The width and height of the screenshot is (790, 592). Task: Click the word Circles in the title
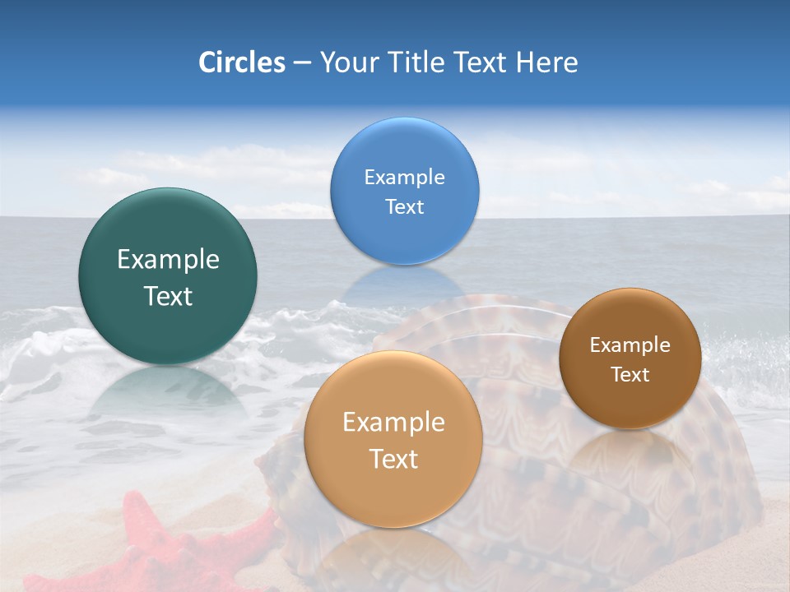point(241,62)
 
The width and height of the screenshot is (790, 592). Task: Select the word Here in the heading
point(546,62)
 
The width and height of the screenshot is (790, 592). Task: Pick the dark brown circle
point(630,403)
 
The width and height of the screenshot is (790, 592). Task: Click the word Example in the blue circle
point(404,178)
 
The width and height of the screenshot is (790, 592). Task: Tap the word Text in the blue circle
point(404,206)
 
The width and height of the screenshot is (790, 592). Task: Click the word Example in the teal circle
point(168,260)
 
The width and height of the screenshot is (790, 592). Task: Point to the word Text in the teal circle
point(168,296)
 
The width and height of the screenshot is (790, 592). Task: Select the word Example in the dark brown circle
point(630,345)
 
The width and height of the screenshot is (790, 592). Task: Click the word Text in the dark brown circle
point(630,375)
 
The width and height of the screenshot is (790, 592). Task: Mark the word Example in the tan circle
point(393,423)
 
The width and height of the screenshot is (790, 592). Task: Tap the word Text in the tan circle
point(393,459)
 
